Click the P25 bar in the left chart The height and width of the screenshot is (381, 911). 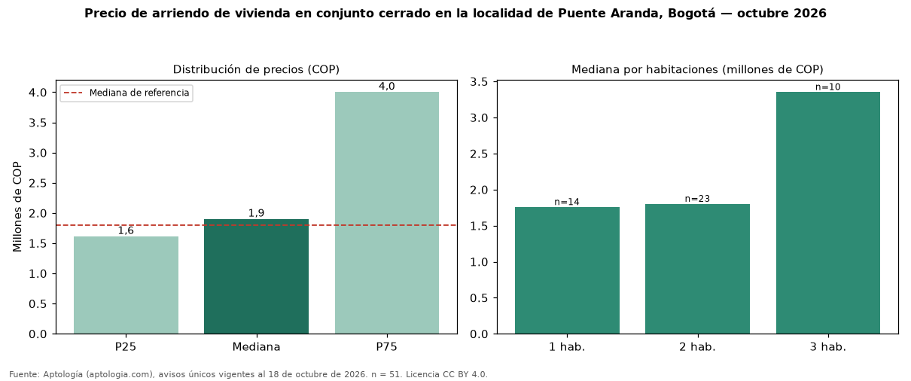(126, 285)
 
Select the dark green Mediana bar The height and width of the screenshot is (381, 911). (256, 276)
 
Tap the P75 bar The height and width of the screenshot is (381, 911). (387, 212)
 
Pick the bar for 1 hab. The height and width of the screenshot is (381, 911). (567, 270)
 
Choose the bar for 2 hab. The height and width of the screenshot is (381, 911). (697, 269)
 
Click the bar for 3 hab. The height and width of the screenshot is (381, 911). (828, 212)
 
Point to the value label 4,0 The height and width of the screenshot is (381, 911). (387, 86)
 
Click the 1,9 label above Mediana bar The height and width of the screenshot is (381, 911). (256, 213)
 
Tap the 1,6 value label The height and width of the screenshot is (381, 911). (126, 230)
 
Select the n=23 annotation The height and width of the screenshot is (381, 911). (697, 199)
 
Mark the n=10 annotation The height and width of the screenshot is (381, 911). (828, 87)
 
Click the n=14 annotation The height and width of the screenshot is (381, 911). (567, 202)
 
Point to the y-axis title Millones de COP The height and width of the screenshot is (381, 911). (17, 206)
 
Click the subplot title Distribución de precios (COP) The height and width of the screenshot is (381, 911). (256, 69)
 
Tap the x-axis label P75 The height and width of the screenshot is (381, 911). (387, 347)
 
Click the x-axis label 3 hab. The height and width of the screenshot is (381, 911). (828, 347)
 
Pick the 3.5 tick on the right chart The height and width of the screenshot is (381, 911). (479, 82)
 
